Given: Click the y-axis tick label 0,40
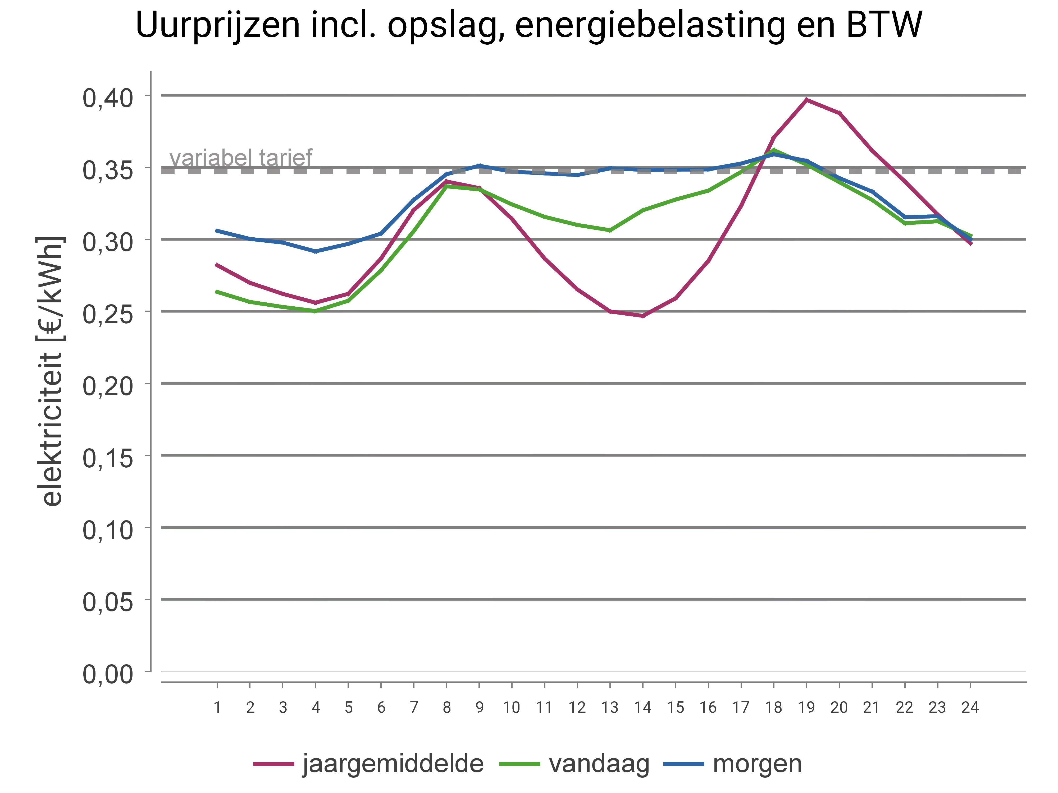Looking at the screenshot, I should (108, 98).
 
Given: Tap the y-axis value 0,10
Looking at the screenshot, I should (108, 530).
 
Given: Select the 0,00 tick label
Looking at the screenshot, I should (108, 674).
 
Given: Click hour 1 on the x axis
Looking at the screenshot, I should (217, 707).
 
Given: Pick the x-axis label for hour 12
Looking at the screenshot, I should (577, 707).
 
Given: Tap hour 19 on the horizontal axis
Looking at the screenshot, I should (806, 707).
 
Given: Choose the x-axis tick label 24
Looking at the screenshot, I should (970, 707).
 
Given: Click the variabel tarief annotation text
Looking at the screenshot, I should (241, 157).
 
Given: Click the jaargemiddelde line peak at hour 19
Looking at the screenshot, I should (806, 99).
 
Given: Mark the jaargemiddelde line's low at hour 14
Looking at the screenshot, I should (643, 315).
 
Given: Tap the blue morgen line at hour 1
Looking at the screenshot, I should (217, 230).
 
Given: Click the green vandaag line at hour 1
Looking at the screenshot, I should (217, 291).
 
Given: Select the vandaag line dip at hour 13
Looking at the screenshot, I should (610, 230).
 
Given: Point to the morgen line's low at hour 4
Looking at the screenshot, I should (315, 251).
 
